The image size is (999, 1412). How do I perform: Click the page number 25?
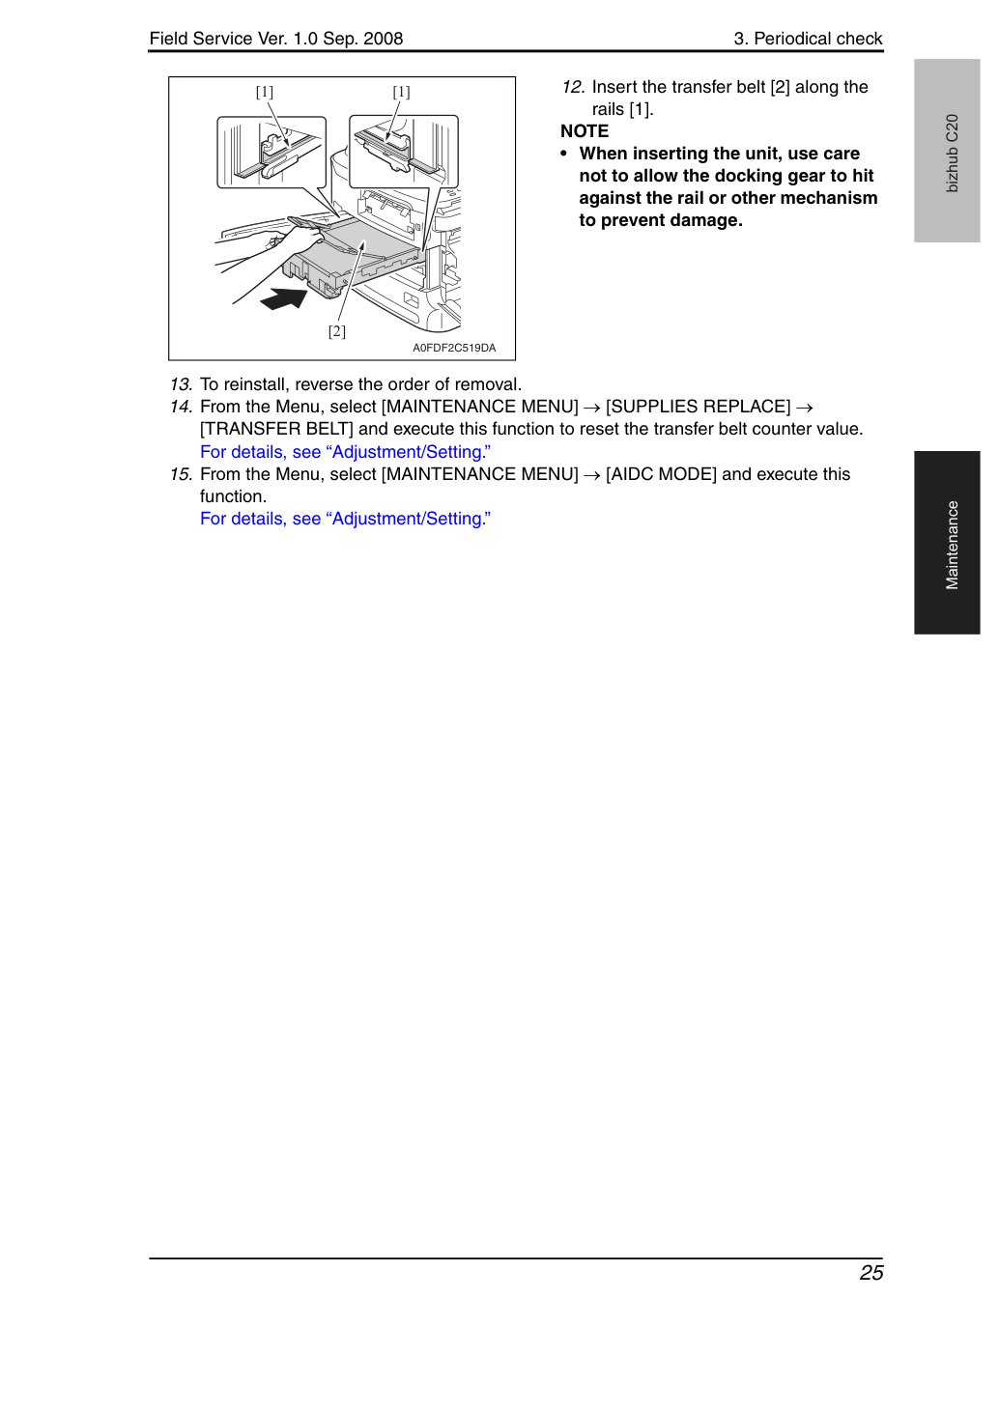(x=871, y=1273)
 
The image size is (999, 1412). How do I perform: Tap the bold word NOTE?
(x=585, y=131)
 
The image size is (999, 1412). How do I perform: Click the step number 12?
(x=574, y=87)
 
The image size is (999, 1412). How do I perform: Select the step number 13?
(x=182, y=384)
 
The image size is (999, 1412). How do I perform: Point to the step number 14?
(x=182, y=407)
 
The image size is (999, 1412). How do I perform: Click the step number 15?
(x=182, y=474)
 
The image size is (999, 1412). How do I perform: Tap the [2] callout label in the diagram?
(x=337, y=331)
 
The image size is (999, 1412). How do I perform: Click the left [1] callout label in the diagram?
(x=265, y=92)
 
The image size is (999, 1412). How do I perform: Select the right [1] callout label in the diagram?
(x=401, y=92)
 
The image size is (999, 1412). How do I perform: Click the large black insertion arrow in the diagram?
(x=284, y=298)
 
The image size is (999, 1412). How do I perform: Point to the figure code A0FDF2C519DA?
(x=454, y=348)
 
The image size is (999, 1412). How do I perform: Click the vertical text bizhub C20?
(x=952, y=154)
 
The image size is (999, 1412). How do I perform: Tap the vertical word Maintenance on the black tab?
(x=952, y=546)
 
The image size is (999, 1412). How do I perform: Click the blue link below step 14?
(x=345, y=452)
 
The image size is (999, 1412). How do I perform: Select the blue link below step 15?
(x=345, y=519)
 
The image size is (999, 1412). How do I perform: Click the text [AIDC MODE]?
(x=661, y=474)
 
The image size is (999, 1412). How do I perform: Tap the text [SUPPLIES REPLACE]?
(x=699, y=407)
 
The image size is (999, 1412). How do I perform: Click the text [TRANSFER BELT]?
(x=276, y=429)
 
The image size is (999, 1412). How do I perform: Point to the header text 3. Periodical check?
(x=808, y=39)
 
